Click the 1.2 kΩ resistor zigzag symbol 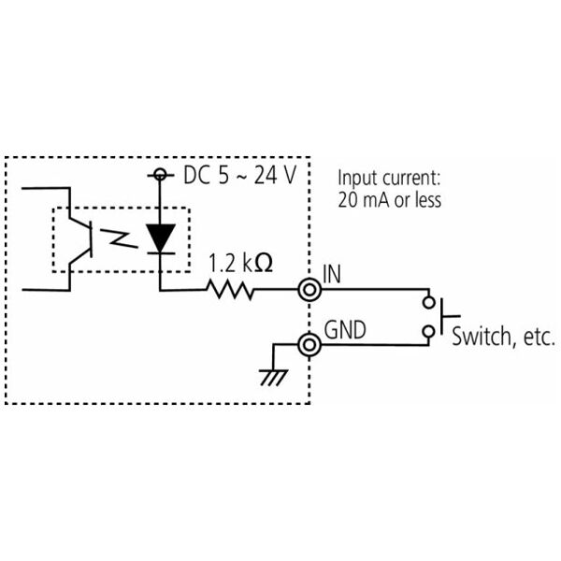point(230,290)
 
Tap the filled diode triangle point(160,237)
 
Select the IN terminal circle point(309,290)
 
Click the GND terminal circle point(309,345)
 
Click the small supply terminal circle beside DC point(160,175)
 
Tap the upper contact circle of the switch point(428,303)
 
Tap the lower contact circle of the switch point(428,332)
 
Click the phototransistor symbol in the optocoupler point(80,238)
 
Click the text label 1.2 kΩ point(240,263)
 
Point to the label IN point(332,274)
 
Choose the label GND point(345,329)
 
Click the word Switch point(482,336)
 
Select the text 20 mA point(364,200)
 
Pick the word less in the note point(428,199)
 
